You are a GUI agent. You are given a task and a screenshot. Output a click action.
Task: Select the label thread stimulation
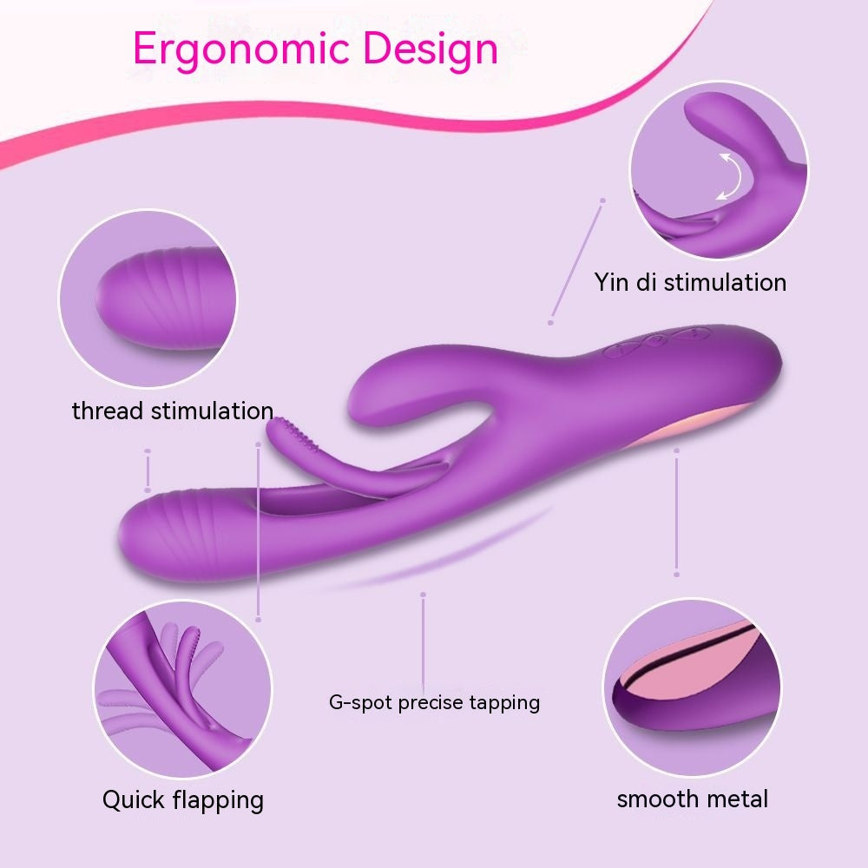[173, 411]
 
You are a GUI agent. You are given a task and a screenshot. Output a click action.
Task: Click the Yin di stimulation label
[690, 282]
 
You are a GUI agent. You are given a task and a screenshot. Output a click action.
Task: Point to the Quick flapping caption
[182, 799]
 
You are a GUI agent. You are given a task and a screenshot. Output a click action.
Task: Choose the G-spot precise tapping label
[434, 702]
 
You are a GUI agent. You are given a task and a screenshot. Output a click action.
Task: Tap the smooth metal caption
[692, 799]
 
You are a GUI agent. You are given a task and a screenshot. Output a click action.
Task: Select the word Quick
[133, 799]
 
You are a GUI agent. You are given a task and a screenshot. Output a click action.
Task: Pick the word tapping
[503, 703]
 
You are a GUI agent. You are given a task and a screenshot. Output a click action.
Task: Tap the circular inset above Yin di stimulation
[718, 170]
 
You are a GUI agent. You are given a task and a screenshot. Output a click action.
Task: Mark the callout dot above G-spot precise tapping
[423, 595]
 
